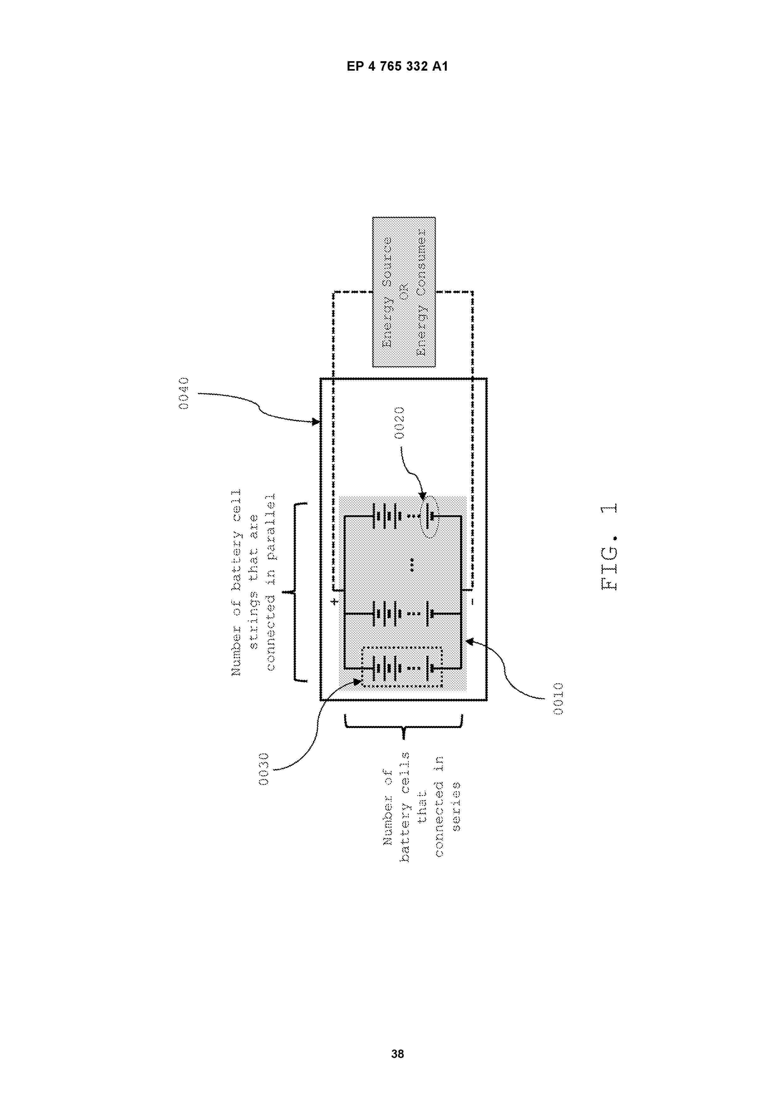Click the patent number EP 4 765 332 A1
[x=397, y=67]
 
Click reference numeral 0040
[x=184, y=393]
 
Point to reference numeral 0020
[x=399, y=422]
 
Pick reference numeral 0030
[x=264, y=769]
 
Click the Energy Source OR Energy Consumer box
[x=404, y=292]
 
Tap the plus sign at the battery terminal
[x=335, y=601]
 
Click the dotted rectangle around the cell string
[x=361, y=667]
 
